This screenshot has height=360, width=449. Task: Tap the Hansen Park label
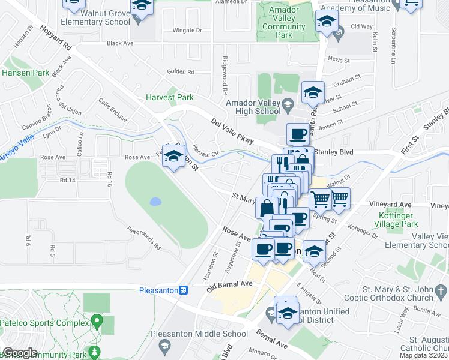[25, 73]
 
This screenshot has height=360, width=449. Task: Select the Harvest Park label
[170, 97]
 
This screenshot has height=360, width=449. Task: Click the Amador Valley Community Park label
[284, 23]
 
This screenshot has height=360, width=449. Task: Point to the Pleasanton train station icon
[184, 290]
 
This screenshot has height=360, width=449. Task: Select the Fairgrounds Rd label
[144, 237]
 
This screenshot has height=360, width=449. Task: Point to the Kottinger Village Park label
[402, 220]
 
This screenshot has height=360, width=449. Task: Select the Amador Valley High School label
[253, 107]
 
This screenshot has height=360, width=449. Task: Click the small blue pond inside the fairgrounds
[155, 201]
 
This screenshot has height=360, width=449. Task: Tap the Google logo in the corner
[20, 353]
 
